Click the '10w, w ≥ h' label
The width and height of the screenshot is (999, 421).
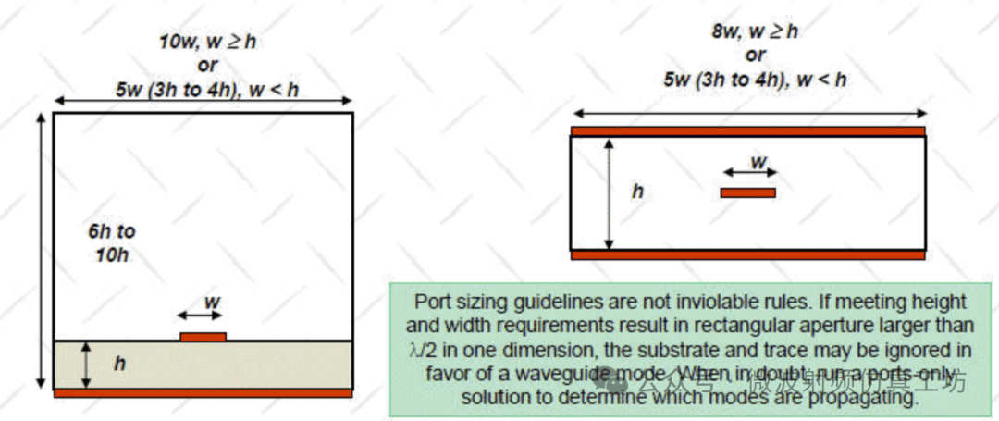click(205, 42)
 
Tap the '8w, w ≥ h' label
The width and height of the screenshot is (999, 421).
click(754, 31)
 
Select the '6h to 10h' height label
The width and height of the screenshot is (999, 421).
click(112, 243)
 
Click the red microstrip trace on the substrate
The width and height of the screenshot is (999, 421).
click(203, 337)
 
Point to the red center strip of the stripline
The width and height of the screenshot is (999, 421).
click(747, 192)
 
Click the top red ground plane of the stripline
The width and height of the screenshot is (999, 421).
click(747, 131)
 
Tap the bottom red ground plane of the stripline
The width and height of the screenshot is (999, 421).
click(747, 254)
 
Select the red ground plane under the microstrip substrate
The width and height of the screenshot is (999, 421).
click(203, 393)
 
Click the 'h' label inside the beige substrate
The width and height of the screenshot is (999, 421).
click(118, 365)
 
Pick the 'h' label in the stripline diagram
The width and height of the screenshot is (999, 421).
click(636, 192)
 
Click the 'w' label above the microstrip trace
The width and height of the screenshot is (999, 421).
click(211, 303)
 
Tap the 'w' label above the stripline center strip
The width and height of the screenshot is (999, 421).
click(758, 162)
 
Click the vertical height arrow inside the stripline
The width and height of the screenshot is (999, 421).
click(609, 193)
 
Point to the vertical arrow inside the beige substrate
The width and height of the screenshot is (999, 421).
click(86, 365)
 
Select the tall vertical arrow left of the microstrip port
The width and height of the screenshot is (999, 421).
click(41, 250)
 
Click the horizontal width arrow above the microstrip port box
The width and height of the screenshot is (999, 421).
click(203, 100)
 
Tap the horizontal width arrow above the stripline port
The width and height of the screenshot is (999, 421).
click(747, 113)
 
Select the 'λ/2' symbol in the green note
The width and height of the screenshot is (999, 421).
click(425, 350)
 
